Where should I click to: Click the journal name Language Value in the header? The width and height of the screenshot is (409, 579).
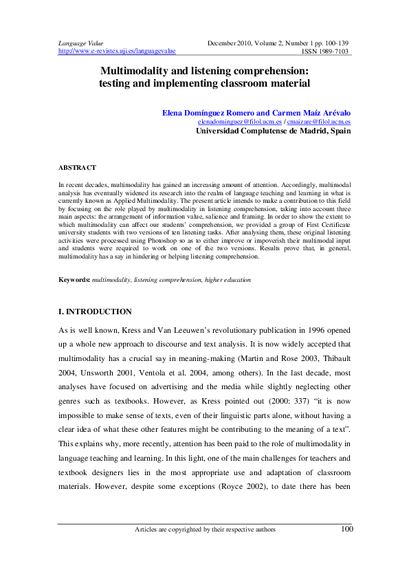[x=80, y=43]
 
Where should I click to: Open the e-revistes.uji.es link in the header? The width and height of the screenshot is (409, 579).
[x=117, y=51]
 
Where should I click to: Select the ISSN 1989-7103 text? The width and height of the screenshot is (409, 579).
[x=325, y=51]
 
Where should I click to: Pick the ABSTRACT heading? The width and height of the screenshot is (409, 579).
[x=77, y=167]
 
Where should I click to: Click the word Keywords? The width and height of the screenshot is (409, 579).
[x=74, y=281]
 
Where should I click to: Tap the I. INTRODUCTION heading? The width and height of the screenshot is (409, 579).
[x=95, y=312]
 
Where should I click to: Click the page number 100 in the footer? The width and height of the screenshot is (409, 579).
[x=347, y=529]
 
